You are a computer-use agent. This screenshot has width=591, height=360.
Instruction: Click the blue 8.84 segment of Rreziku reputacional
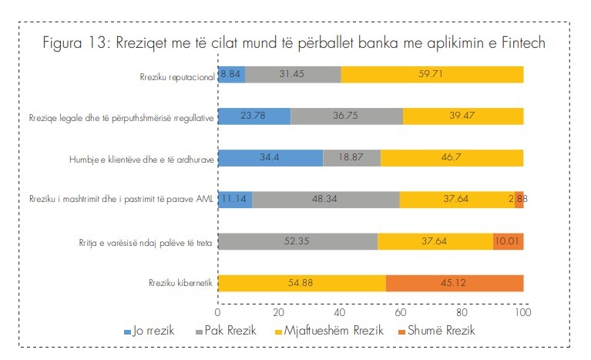pos(231,74)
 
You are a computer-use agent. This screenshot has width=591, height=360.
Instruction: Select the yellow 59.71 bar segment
pos(431,74)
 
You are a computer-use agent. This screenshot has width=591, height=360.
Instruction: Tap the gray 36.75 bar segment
pos(347,116)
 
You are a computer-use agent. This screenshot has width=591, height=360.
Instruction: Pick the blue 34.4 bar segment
pos(270,157)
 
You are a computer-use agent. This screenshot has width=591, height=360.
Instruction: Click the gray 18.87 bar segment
pos(351,157)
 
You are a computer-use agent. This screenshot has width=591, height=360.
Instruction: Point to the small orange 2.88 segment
pos(519,199)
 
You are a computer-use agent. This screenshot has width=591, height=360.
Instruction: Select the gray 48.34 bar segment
pos(326,199)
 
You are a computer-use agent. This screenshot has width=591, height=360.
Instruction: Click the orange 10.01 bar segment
pos(509,241)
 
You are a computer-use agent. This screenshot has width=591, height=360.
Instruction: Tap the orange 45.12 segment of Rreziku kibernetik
pos(455,282)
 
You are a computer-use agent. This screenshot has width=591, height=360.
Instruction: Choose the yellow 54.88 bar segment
pos(302,282)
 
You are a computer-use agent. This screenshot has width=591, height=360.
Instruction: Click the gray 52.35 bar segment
pos(298,241)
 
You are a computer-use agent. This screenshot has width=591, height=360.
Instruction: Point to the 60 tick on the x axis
pos(401,314)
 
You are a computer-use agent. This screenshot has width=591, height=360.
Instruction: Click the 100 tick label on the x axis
pos(524,314)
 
